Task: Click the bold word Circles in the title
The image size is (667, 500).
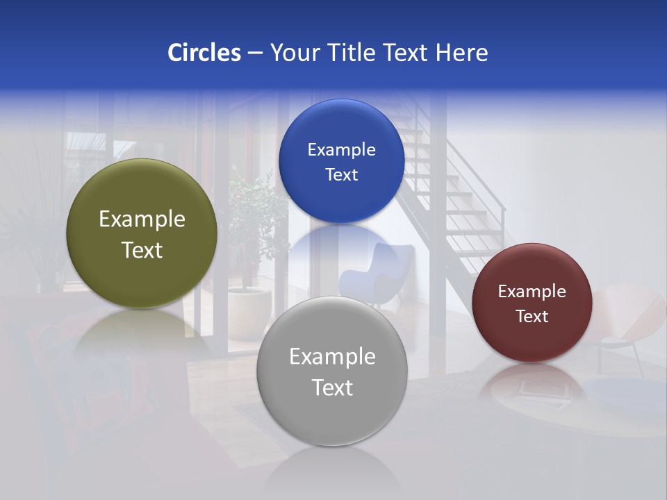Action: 204,53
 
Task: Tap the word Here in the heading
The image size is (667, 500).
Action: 461,53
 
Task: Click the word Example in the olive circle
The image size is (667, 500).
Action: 142,219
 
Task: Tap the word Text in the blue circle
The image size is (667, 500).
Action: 341,175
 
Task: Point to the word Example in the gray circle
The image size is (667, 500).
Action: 332,357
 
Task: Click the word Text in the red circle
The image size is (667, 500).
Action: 532,317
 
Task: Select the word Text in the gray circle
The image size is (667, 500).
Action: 332,387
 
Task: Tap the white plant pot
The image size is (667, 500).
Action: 248,312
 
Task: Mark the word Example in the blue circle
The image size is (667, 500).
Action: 341,150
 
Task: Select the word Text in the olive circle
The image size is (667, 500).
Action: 142,251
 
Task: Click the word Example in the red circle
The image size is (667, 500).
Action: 532,292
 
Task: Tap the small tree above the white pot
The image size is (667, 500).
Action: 254,215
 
